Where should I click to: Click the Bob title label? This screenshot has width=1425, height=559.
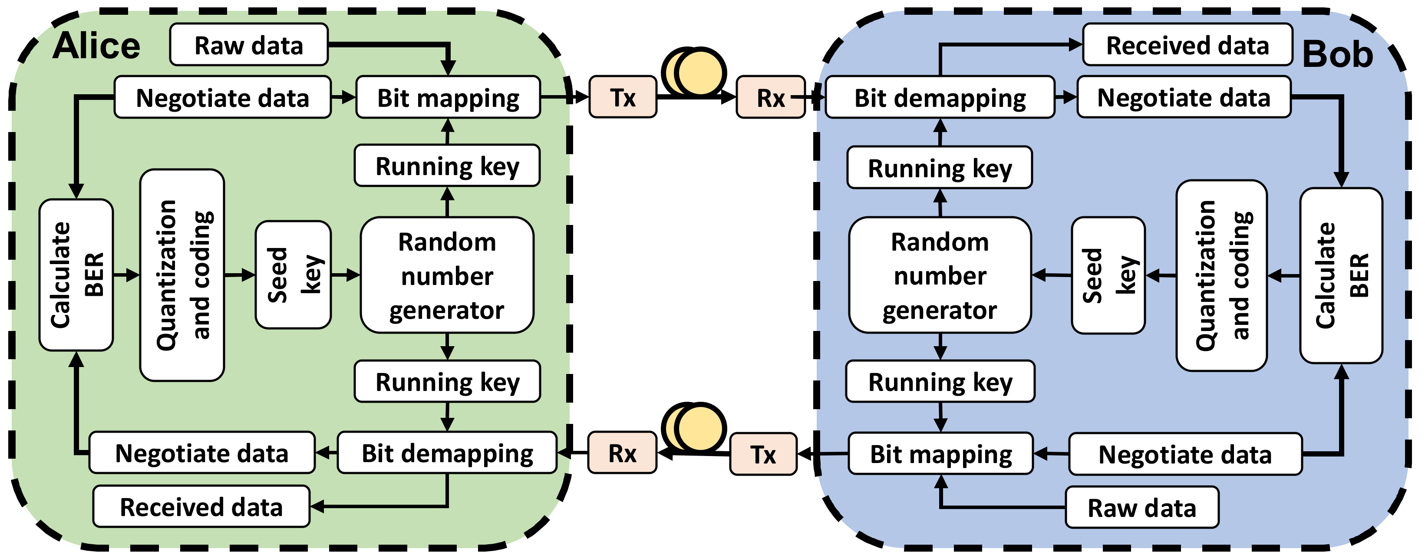click(1338, 54)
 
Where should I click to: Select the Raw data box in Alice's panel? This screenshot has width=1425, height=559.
click(249, 45)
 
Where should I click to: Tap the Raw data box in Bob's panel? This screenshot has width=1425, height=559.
click(1142, 507)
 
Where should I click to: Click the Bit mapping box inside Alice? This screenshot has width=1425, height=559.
click(448, 97)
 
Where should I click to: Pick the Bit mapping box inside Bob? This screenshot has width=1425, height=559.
click(940, 454)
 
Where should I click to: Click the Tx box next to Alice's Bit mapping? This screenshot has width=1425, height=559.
click(623, 97)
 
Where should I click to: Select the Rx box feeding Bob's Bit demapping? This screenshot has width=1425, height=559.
click(771, 97)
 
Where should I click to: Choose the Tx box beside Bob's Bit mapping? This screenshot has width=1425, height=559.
click(763, 454)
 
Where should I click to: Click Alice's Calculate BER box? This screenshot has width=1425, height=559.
click(76, 275)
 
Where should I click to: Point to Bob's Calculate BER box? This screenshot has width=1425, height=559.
click(1341, 276)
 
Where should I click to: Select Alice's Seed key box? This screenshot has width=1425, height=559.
click(293, 275)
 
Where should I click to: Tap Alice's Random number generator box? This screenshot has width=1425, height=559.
click(447, 275)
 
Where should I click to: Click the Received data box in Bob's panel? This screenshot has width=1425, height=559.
click(1187, 45)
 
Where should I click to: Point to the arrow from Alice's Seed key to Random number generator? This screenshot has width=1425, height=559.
click(346, 275)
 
